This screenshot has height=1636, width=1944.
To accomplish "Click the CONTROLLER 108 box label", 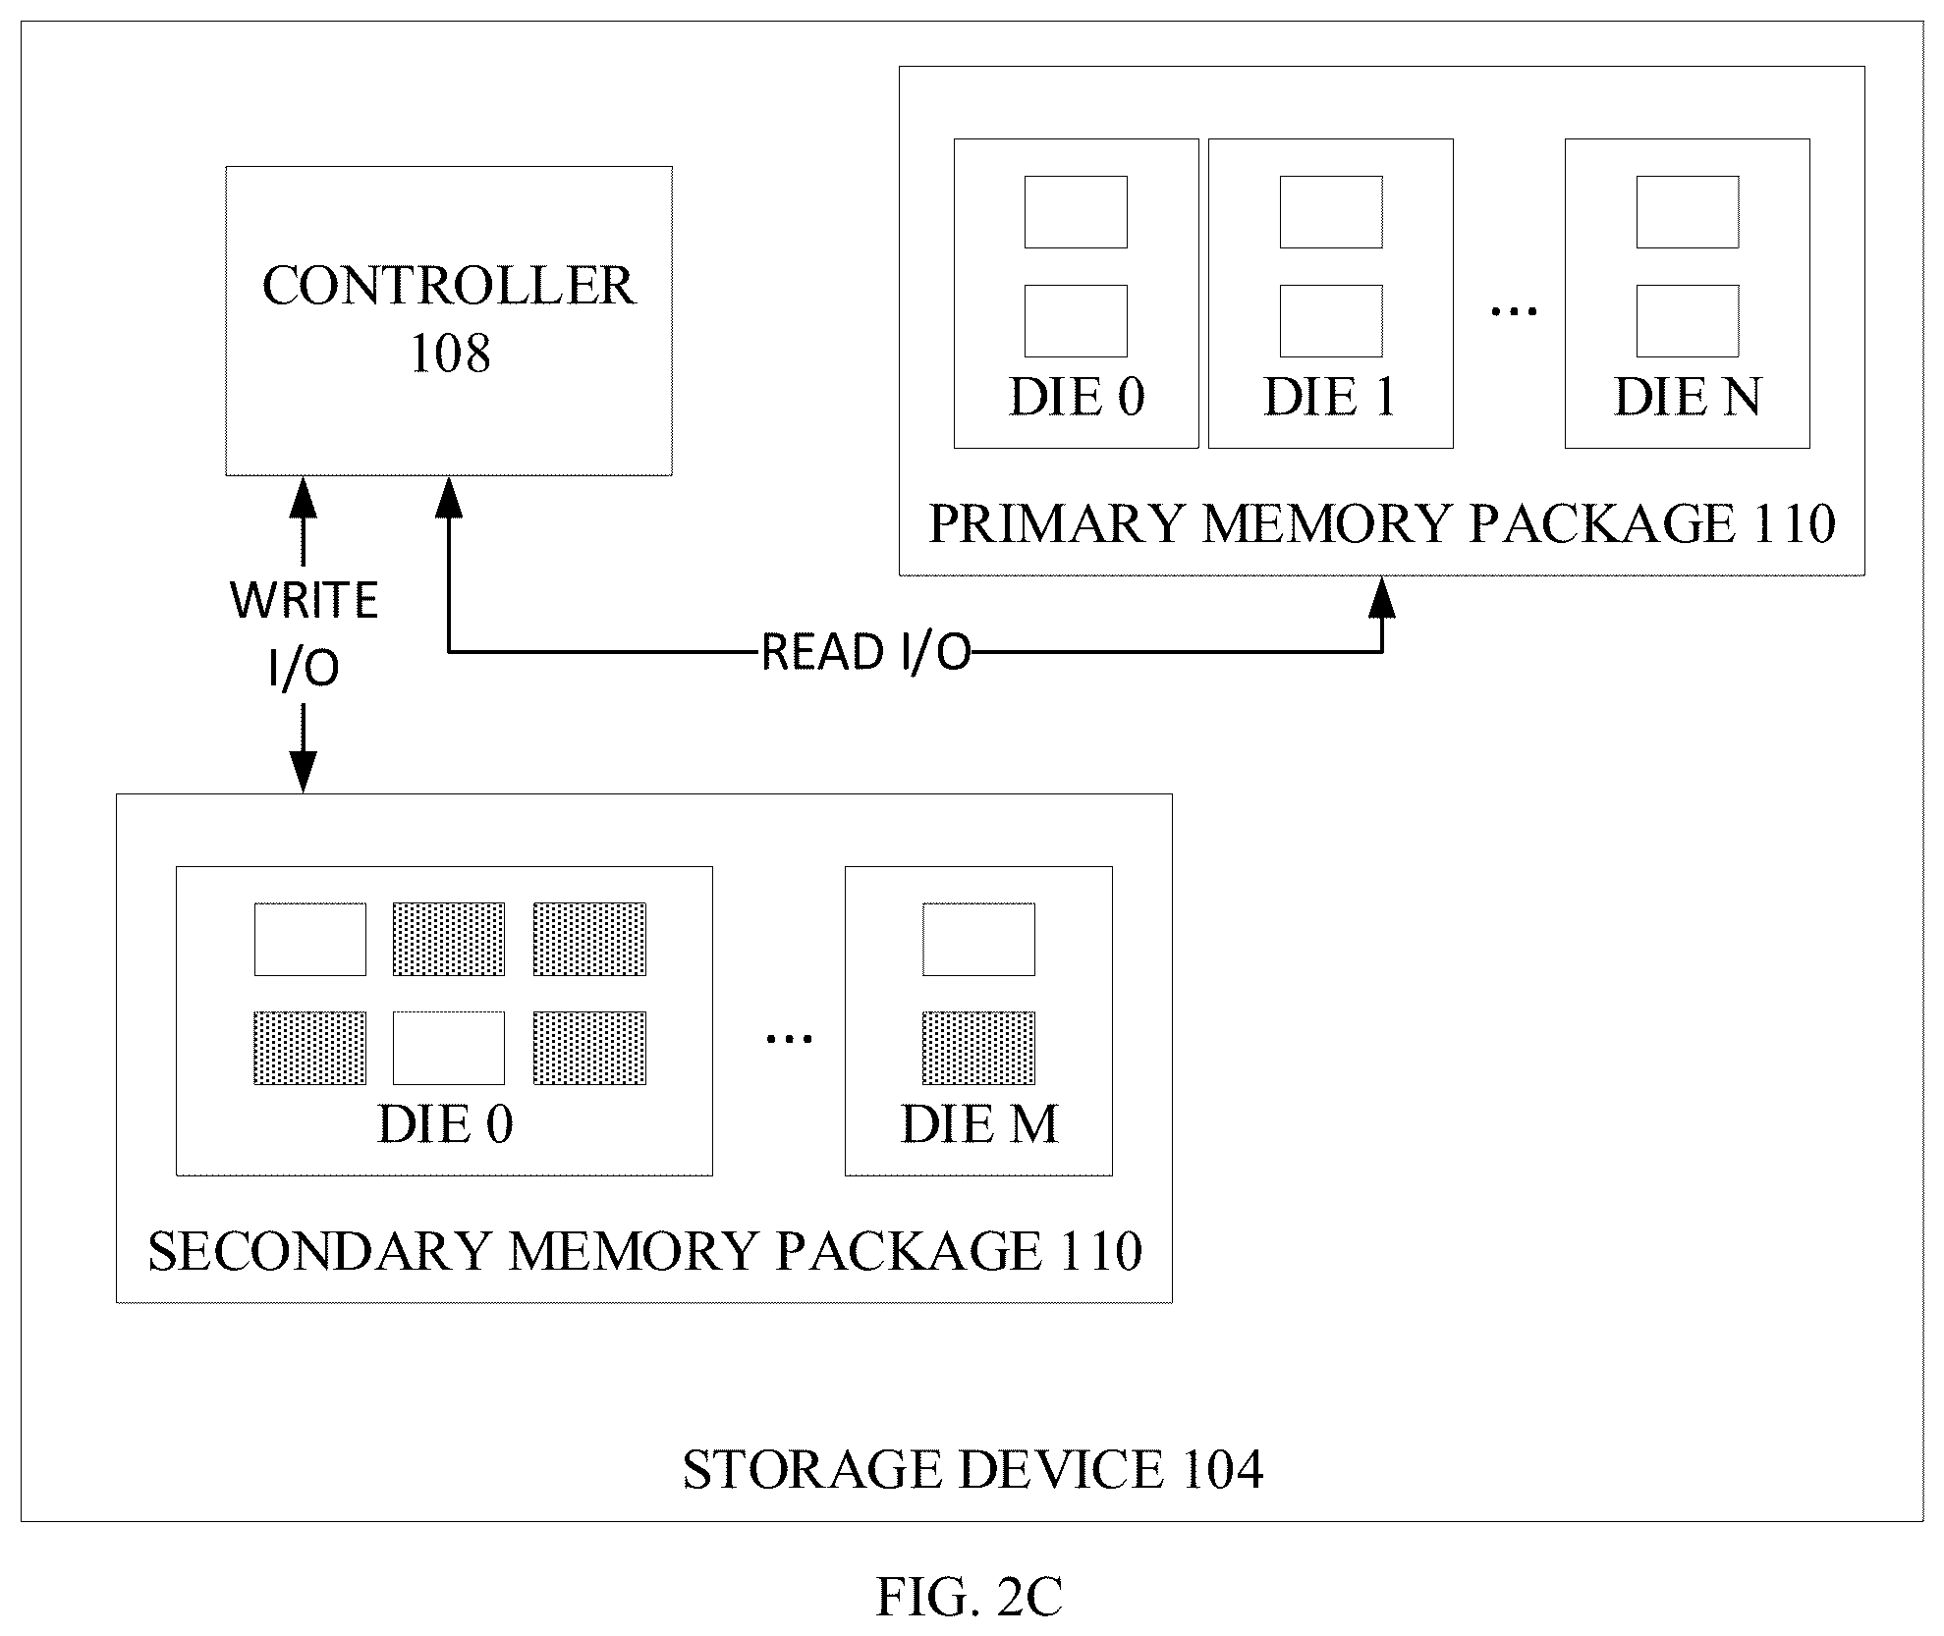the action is coord(449,319).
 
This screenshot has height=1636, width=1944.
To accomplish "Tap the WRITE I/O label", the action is coord(305,634).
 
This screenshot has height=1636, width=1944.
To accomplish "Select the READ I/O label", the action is coord(866,652).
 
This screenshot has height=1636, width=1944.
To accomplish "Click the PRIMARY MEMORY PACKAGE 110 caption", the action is coord(1382,522).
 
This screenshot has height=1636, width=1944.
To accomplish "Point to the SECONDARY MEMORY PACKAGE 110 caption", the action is coord(645,1250).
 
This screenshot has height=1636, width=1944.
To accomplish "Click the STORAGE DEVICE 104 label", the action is coord(972,1470).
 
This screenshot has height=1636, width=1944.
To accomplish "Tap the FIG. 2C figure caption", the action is coord(969,1596).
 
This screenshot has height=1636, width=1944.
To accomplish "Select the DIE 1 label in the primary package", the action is coord(1330,397).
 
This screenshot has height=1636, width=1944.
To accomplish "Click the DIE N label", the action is coord(1688,397).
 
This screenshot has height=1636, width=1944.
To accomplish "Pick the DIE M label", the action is coord(979,1123).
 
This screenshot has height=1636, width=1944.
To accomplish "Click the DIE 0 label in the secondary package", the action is coord(445,1123).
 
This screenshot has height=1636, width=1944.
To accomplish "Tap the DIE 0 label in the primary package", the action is coord(1077,397).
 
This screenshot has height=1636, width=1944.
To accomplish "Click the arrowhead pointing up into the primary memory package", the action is coord(1382,597).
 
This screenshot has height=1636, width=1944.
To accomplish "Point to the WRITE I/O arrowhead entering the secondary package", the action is coord(304,772).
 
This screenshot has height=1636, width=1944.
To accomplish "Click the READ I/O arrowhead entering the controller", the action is coord(449,497).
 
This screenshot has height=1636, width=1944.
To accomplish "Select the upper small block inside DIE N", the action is coord(1688,212).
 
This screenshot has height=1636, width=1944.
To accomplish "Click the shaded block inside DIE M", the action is coord(978,1048).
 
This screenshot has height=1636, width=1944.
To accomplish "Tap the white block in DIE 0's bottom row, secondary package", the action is coord(449,1048).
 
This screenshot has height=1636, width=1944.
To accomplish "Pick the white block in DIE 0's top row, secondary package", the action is coord(310,940).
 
